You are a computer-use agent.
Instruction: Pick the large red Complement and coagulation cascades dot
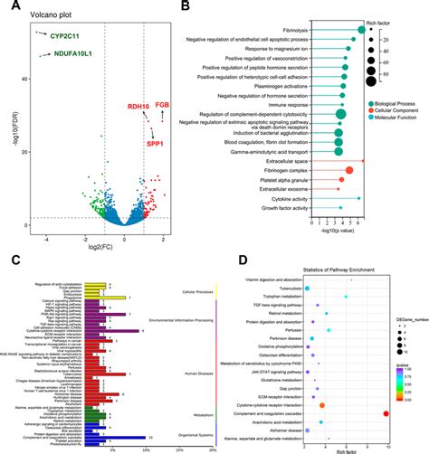click(x=386, y=413)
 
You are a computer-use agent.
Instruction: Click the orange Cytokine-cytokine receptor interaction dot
click(x=322, y=405)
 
